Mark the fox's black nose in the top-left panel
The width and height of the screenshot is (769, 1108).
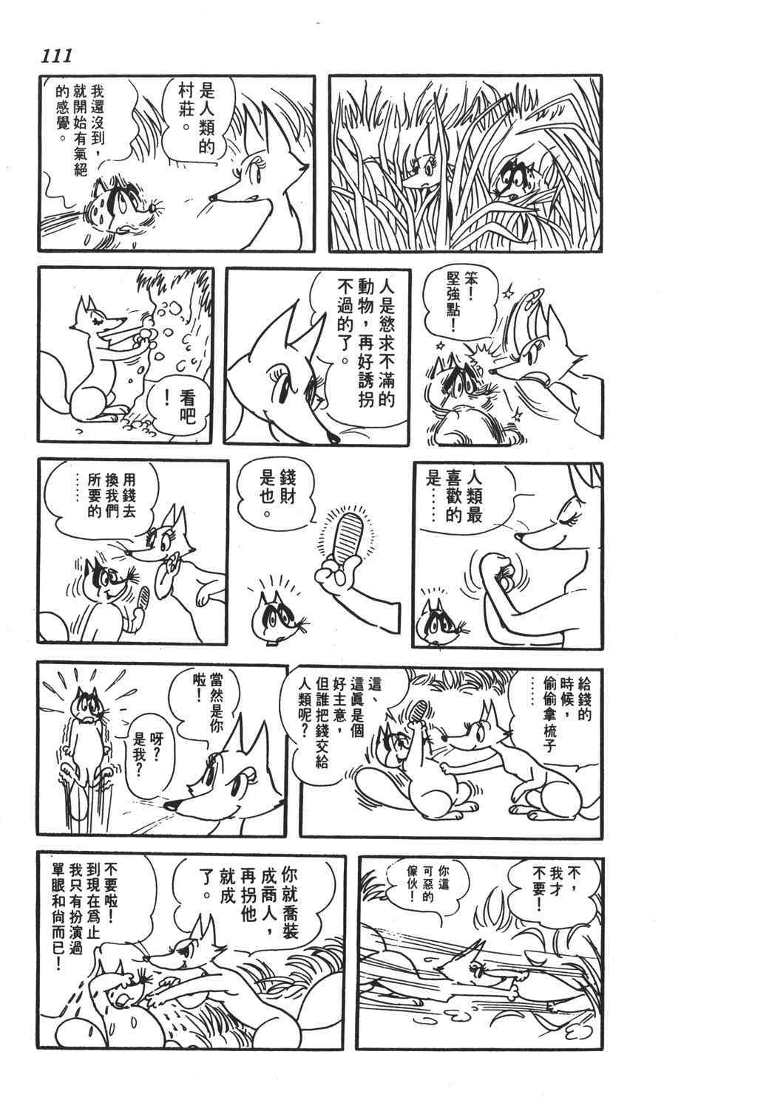coord(211,199)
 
